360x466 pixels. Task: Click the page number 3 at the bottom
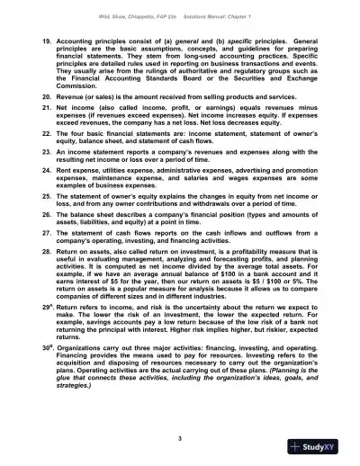[x=181, y=436]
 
